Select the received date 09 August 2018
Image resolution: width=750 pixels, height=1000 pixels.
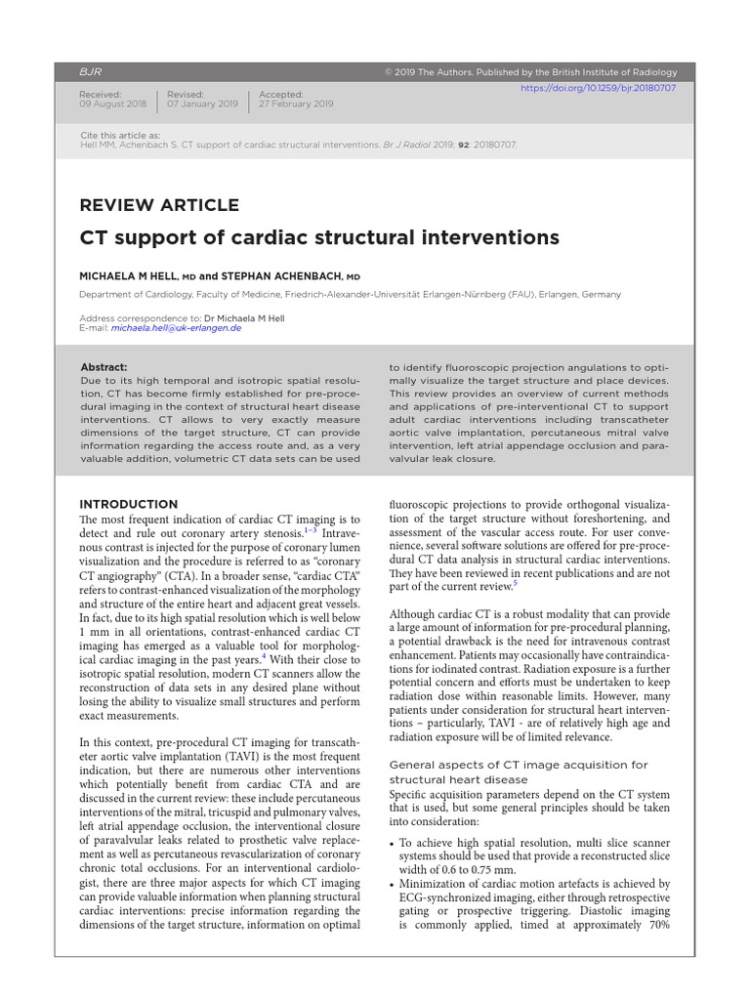[x=112, y=104]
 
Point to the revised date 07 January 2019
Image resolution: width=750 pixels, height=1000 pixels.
[x=202, y=104]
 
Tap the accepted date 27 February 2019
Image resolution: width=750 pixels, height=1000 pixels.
[x=296, y=104]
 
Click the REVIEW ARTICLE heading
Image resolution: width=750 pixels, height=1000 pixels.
[x=158, y=205]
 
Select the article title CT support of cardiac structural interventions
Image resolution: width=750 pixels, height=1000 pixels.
[x=318, y=237]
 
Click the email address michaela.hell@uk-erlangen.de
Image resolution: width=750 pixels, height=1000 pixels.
[x=177, y=328]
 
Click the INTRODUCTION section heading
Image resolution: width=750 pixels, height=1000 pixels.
[x=128, y=504]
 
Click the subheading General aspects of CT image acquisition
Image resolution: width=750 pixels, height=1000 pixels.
[x=519, y=765]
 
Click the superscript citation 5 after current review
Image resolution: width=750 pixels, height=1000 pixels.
[x=515, y=583]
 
